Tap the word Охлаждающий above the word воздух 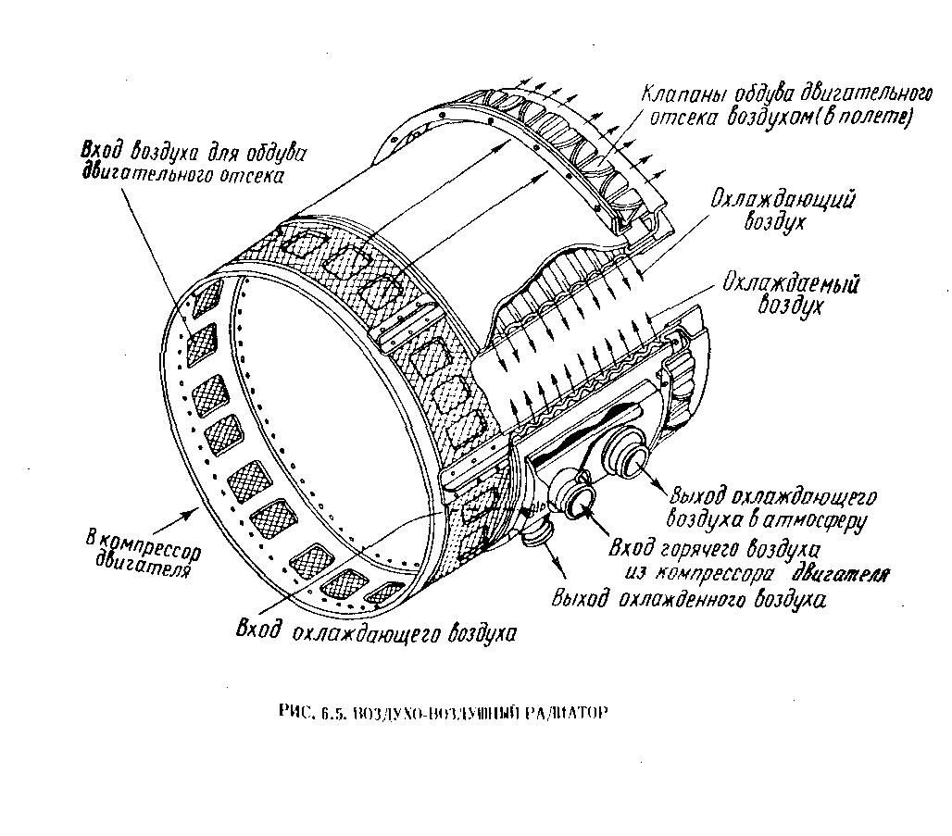point(782,202)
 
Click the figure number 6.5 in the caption point(332,713)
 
